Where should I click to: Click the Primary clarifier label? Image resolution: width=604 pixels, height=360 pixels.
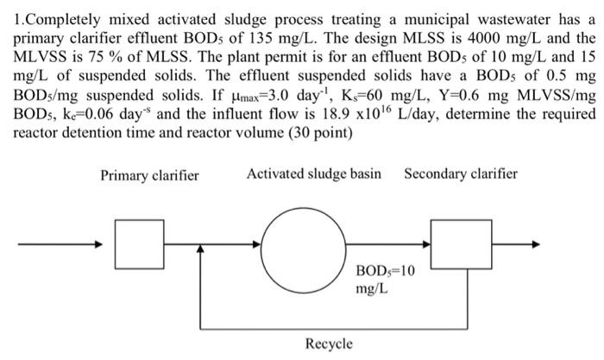point(149,175)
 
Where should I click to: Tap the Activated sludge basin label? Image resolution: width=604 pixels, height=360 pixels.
point(314,174)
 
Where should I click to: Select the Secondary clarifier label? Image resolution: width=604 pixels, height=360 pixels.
point(461,174)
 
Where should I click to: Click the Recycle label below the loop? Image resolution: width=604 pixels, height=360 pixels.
point(329,344)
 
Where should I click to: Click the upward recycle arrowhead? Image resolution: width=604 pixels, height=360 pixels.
point(201,250)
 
